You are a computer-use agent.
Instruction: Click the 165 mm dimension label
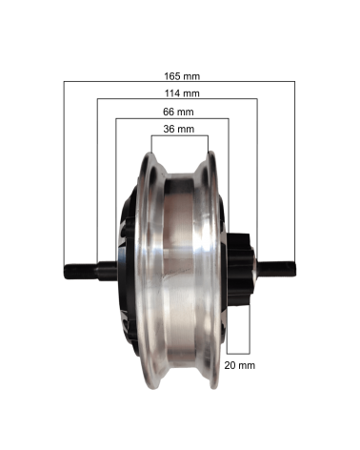(x=182, y=76)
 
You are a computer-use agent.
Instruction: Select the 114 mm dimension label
(x=182, y=93)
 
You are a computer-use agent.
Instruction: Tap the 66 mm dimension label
(x=178, y=112)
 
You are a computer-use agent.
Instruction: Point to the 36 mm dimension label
(x=179, y=129)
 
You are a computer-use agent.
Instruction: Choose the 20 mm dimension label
(x=240, y=365)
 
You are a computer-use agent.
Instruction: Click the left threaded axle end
(x=81, y=272)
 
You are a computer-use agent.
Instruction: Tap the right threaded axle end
(x=277, y=269)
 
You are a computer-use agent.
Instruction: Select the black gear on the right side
(x=241, y=269)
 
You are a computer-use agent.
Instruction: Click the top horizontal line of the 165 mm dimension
(x=179, y=82)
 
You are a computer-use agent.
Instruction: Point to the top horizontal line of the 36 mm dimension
(x=180, y=135)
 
